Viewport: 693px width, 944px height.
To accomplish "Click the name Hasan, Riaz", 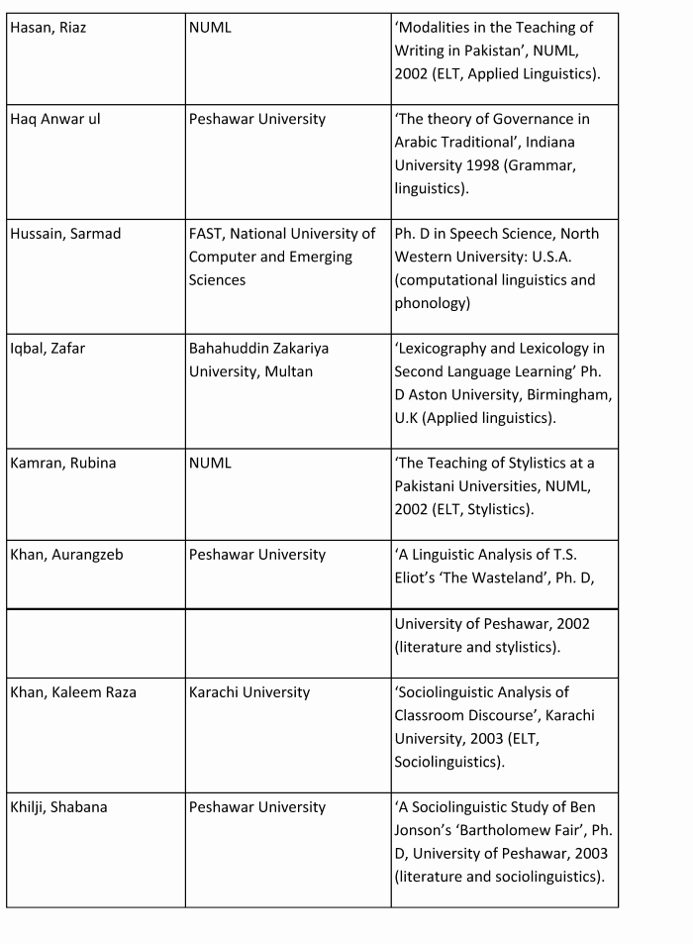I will click(49, 28).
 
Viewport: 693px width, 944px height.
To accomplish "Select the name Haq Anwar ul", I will click(55, 119).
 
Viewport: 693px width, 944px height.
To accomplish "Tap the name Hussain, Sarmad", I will click(65, 234).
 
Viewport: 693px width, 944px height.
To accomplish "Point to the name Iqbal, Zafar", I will click(48, 349).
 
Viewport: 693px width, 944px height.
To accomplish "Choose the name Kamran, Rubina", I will click(62, 464).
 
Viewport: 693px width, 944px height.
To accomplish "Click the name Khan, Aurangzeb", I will click(66, 555).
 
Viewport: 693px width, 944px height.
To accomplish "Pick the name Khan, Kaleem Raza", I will click(73, 692).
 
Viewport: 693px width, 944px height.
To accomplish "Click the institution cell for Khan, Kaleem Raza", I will click(249, 692).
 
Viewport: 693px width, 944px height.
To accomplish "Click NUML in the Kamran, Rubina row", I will click(210, 464).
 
